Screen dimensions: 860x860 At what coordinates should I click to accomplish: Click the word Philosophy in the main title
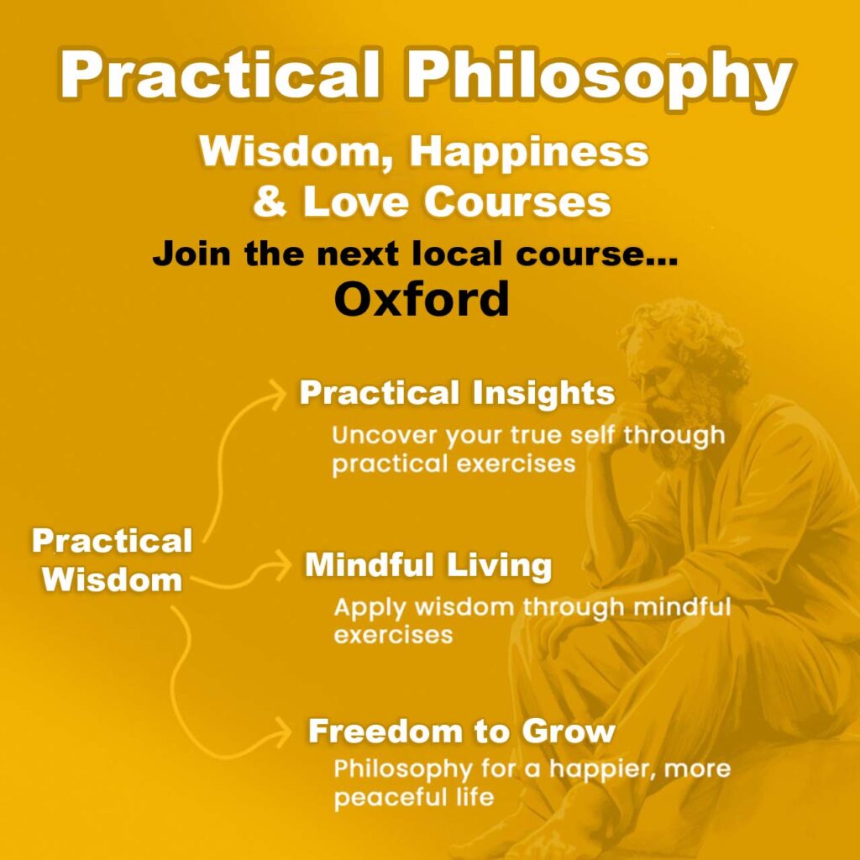pos(598,78)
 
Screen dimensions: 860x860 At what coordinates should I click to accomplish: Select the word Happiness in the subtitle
pos(528,153)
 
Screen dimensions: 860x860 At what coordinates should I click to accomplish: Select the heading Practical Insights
pos(457,393)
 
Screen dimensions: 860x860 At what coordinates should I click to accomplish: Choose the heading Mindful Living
pos(427,565)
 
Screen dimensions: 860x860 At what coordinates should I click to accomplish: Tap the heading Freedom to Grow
pos(461,731)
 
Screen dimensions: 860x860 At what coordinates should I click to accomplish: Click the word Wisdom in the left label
pos(113,579)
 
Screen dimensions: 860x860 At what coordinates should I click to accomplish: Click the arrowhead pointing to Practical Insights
pos(278,393)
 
